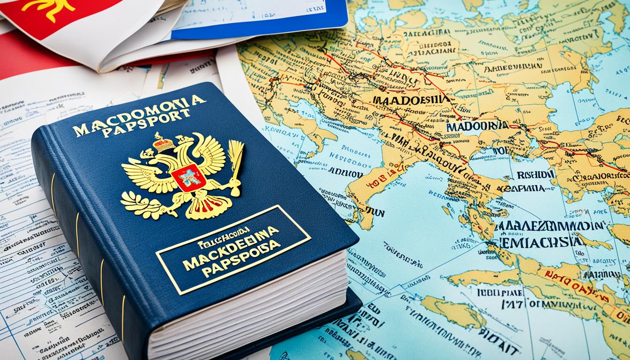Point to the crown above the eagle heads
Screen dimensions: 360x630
tap(163, 143)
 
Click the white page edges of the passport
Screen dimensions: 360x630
tap(248, 309)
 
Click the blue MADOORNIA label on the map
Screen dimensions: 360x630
tap(477, 126)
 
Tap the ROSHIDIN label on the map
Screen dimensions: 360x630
tap(535, 174)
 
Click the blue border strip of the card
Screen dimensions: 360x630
tap(262, 28)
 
